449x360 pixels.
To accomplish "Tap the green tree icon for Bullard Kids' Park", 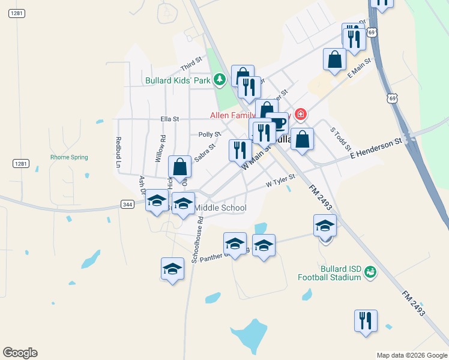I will pyautogui.click(x=220, y=79).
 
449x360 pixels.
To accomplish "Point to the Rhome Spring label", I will pyautogui.click(x=69, y=158).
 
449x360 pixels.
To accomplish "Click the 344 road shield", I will pyautogui.click(x=127, y=205).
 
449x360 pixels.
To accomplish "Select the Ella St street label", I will pyautogui.click(x=169, y=119).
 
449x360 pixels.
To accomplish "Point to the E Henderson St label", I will pyautogui.click(x=376, y=148).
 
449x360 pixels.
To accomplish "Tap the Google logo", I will pyautogui.click(x=20, y=353).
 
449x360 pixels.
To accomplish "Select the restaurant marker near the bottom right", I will pyautogui.click(x=365, y=320).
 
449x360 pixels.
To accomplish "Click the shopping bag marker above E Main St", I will pyautogui.click(x=334, y=59).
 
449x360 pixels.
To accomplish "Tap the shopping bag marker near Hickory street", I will pyautogui.click(x=179, y=167).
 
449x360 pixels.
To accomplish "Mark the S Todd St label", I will pyautogui.click(x=340, y=139).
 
